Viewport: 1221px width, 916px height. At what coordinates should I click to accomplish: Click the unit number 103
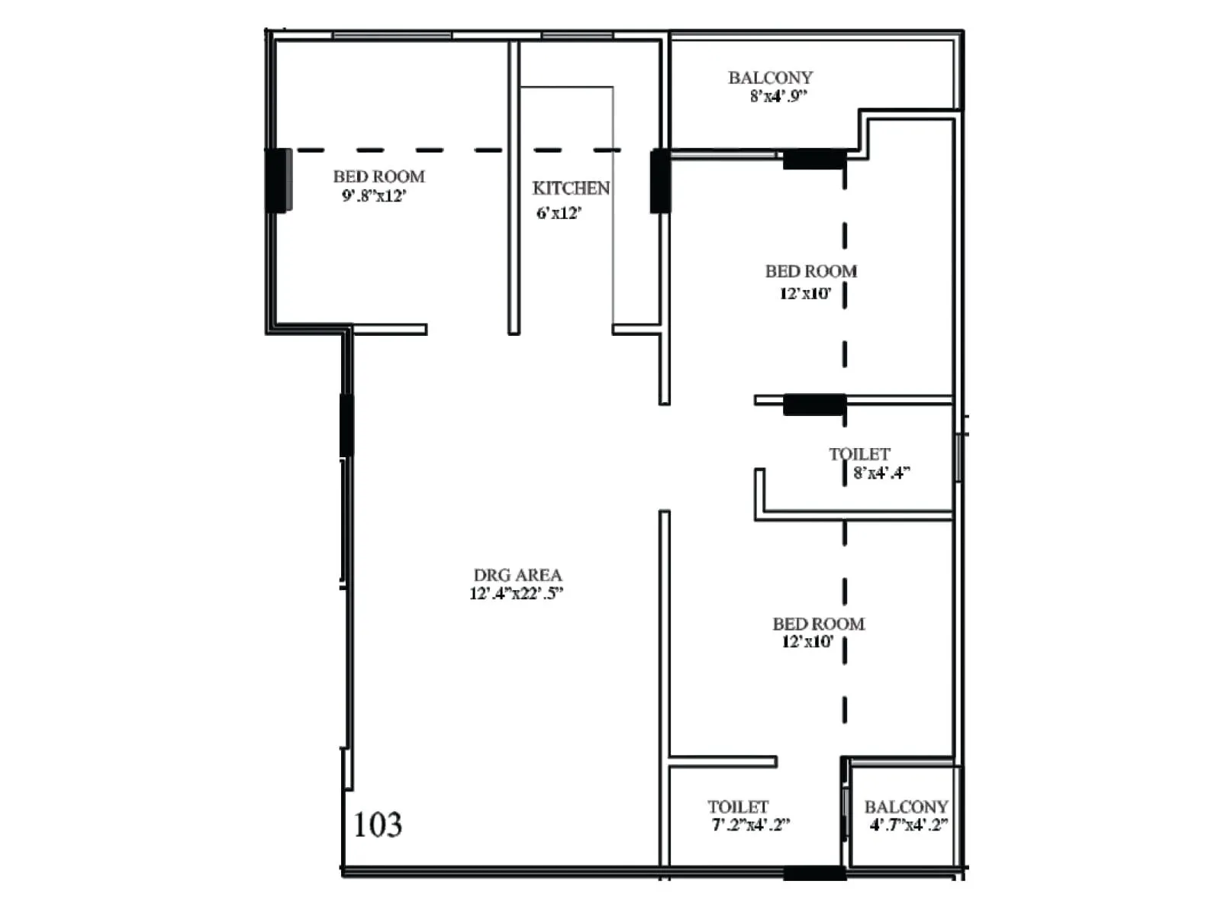click(377, 824)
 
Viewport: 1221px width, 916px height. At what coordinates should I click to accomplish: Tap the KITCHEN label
click(571, 188)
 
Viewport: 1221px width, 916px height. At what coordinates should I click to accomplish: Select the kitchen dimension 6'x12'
click(559, 213)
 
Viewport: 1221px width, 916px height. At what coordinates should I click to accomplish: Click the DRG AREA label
click(517, 575)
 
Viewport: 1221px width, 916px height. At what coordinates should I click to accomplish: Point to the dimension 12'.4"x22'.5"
click(516, 594)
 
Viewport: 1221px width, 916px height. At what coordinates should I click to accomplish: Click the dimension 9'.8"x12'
click(374, 195)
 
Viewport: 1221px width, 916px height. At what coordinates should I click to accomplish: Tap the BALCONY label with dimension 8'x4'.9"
click(770, 78)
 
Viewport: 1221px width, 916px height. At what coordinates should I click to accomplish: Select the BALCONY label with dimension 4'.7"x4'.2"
click(906, 807)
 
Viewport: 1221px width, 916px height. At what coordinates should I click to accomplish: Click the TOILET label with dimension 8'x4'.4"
click(859, 454)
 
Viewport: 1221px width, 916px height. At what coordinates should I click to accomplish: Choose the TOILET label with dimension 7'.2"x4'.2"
click(737, 807)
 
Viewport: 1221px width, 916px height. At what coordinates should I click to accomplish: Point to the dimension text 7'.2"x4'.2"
click(750, 825)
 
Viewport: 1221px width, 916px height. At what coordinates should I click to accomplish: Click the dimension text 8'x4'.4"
click(881, 473)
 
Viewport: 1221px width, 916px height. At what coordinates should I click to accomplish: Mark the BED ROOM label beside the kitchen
click(379, 176)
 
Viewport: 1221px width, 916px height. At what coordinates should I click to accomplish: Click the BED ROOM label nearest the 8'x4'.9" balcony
click(810, 271)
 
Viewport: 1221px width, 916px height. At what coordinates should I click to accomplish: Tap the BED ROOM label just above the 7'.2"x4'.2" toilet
click(818, 624)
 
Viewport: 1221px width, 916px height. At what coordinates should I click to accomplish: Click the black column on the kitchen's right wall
click(660, 182)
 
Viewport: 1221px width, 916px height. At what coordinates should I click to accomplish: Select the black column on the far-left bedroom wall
click(278, 180)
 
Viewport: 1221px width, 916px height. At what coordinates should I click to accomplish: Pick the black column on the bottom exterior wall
click(814, 872)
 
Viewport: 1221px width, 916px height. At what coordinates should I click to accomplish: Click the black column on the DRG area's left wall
click(346, 425)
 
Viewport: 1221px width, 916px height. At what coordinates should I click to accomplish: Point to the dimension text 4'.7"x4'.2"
click(908, 825)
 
